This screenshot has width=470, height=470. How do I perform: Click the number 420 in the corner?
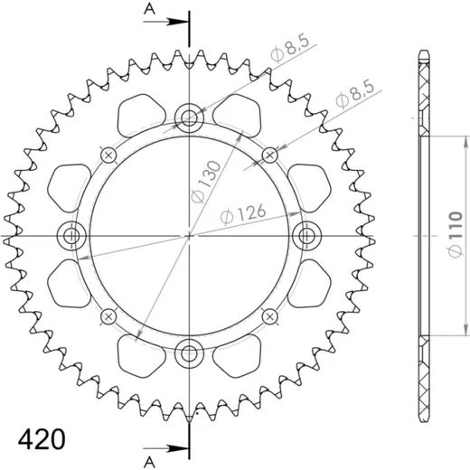pyautogui.click(x=42, y=439)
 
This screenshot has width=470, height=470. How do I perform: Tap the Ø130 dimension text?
pyautogui.click(x=206, y=183)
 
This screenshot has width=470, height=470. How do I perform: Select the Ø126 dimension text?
pyautogui.click(x=243, y=214)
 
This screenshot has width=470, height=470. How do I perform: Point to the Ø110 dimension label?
pyautogui.click(x=456, y=235)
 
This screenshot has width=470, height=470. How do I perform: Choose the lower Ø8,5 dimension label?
pyautogui.click(x=355, y=93)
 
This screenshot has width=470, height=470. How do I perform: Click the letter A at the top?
pyautogui.click(x=149, y=9)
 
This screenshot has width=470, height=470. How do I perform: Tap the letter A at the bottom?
pyautogui.click(x=149, y=461)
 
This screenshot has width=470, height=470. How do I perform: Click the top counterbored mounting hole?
pyautogui.click(x=189, y=117)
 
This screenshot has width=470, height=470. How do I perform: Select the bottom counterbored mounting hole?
pyautogui.click(x=189, y=353)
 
